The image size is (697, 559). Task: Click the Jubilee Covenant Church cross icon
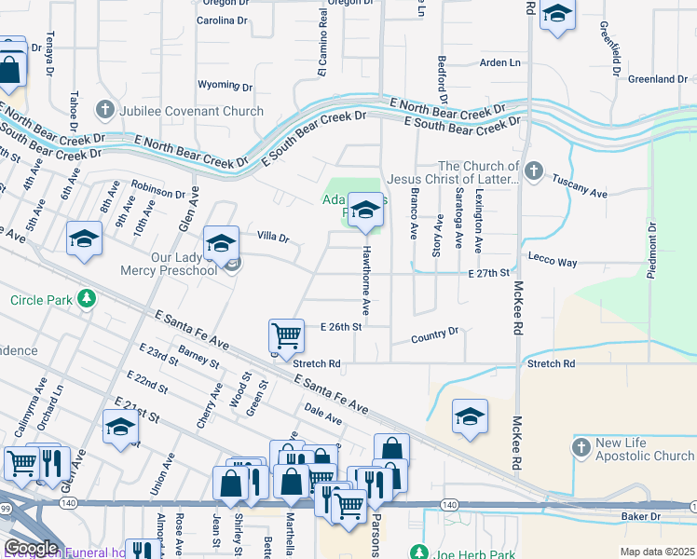(x=103, y=111)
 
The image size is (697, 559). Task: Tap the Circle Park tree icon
(x=87, y=299)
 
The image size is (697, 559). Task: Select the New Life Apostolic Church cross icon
(x=581, y=447)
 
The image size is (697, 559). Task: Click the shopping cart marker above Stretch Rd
(x=286, y=335)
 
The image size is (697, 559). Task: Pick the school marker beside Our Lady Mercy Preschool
(x=221, y=244)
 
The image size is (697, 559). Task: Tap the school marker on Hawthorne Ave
(x=365, y=210)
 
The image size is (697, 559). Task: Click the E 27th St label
(x=490, y=273)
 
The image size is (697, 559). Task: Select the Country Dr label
(x=435, y=334)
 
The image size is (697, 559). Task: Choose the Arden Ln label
(x=499, y=62)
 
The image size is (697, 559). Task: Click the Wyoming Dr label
(x=225, y=85)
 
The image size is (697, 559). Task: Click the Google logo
(x=30, y=548)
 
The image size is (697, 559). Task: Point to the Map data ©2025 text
(x=657, y=552)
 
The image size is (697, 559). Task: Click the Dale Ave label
(x=323, y=415)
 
